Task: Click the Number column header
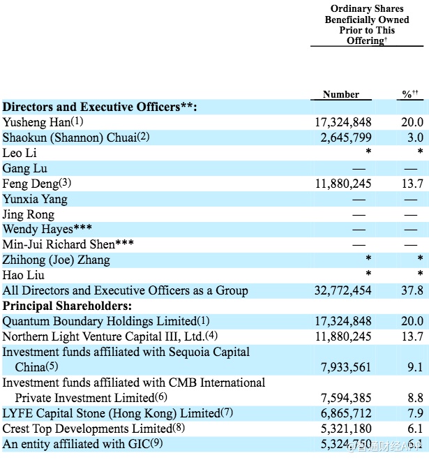(x=341, y=94)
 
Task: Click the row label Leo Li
(x=20, y=153)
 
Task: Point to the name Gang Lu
(x=25, y=168)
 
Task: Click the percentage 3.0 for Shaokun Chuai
(x=415, y=138)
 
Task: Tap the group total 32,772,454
(x=343, y=290)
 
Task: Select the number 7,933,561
(x=343, y=366)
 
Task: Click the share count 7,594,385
(x=343, y=397)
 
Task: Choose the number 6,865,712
(x=343, y=413)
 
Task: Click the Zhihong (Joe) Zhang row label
(x=57, y=260)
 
